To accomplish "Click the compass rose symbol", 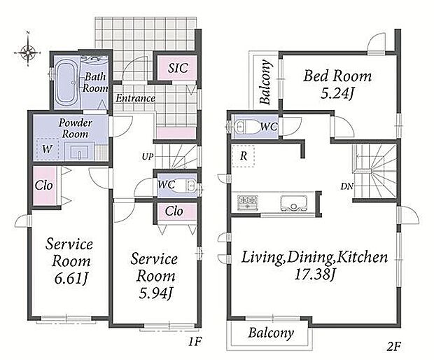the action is click(28, 52).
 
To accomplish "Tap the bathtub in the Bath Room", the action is click(66, 83).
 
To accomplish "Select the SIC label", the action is click(178, 68).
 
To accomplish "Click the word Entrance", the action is click(135, 98).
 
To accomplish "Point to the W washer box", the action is click(48, 149).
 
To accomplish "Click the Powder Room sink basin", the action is click(80, 151).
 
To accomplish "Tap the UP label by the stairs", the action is click(147, 157).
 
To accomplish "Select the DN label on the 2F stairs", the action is click(347, 186).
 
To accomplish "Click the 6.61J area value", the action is click(71, 279).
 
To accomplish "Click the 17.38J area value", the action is click(314, 275).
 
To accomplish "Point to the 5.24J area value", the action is click(337, 94).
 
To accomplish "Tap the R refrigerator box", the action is click(244, 156).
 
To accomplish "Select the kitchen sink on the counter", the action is click(294, 204).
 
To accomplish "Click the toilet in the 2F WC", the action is click(244, 127).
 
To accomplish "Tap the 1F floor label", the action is click(195, 342).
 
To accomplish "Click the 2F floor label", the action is click(394, 347).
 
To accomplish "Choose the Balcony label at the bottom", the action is click(271, 333).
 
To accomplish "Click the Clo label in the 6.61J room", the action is click(43, 186).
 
